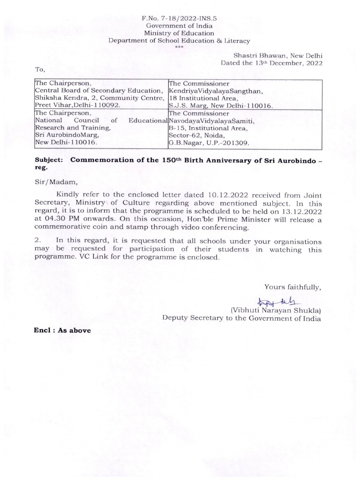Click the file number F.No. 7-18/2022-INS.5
[180, 18]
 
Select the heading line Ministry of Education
[180, 33]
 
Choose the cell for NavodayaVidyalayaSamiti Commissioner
[245, 127]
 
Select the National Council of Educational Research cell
[101, 127]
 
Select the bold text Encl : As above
[62, 330]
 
